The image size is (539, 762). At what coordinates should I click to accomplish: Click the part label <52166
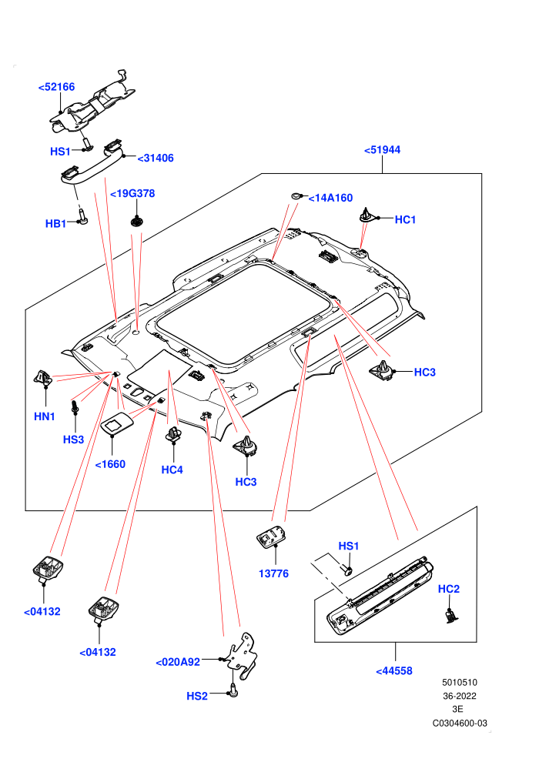[x=56, y=87]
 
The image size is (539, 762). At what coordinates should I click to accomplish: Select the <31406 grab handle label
[x=156, y=158]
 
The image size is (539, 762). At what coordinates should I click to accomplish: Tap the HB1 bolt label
[x=55, y=223]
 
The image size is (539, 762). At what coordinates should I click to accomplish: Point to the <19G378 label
[x=132, y=193]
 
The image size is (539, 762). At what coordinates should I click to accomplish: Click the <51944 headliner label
[x=383, y=149]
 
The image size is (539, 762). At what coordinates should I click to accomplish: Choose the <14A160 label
[x=330, y=198]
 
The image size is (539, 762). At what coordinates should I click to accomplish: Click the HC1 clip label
[x=405, y=219]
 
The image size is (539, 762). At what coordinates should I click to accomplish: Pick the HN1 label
[x=45, y=416]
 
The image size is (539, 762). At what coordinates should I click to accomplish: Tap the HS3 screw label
[x=73, y=439]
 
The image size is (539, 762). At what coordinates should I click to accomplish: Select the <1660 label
[x=110, y=464]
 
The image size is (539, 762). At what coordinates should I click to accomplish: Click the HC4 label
[x=172, y=470]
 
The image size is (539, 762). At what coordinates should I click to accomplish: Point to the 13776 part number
[x=273, y=574]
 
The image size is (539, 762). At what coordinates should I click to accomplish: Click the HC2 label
[x=449, y=589]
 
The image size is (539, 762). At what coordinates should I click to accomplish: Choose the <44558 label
[x=394, y=671]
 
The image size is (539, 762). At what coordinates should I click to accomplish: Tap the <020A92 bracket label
[x=178, y=663]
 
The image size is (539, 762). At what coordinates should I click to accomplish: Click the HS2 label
[x=197, y=697]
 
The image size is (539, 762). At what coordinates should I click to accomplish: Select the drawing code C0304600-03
[x=460, y=723]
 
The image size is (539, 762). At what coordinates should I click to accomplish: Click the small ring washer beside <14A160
[x=296, y=196]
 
